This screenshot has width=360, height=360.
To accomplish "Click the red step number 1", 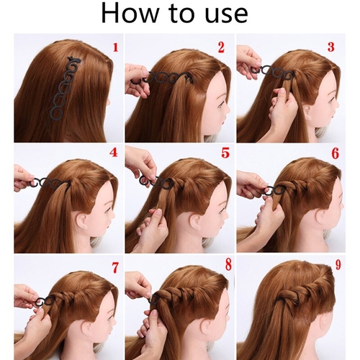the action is click(115, 48).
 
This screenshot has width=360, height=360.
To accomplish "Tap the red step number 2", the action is click(221, 48).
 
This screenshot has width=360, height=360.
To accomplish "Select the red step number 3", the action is click(331, 47).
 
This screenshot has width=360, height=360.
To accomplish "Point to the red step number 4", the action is click(114, 152).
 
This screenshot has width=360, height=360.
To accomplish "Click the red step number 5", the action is click(225, 153).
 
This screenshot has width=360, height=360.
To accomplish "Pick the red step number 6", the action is click(336, 153).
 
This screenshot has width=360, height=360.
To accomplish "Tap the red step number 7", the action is click(115, 268).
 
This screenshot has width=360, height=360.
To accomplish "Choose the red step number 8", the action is click(228, 264).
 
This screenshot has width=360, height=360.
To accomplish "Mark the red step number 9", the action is click(338, 264).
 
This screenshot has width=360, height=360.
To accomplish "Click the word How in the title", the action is click(129, 13).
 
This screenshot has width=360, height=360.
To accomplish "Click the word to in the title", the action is click(181, 14).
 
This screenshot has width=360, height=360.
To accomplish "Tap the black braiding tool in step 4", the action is click(48, 183).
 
